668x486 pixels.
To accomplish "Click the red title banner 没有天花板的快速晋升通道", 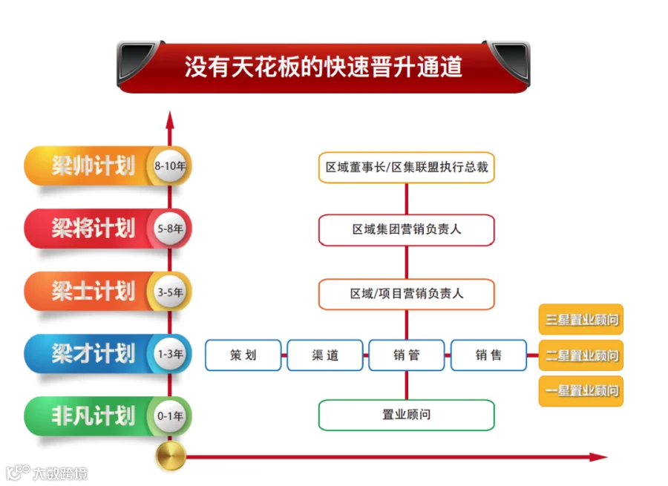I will point(323,68).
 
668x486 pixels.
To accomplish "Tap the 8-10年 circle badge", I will point(169,166).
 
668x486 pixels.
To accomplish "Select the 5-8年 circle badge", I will point(169,229).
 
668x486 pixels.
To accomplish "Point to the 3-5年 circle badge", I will point(169,292).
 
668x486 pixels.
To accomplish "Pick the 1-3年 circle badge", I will point(169,355).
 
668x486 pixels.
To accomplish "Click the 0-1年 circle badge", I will point(169,416).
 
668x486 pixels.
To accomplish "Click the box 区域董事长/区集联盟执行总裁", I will point(406,168).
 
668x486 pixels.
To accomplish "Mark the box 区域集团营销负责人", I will point(406,230).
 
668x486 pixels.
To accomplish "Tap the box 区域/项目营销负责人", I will point(406,294).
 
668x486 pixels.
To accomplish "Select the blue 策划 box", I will point(243,355).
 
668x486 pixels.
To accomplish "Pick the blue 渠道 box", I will point(324,355).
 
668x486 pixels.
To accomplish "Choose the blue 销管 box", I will point(406,355).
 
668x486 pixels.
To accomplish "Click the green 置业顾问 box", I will point(406,415).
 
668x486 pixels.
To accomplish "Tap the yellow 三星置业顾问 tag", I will point(581,320).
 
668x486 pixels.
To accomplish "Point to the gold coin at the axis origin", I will point(170,456).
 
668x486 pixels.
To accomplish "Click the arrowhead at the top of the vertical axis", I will point(170,119).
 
